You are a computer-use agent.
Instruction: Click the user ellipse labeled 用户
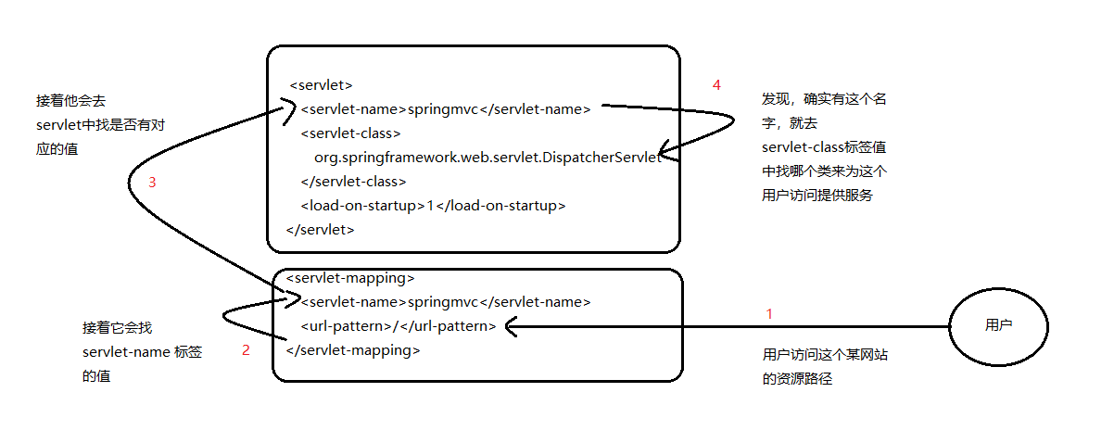(998, 326)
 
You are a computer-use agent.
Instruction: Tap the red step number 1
(768, 314)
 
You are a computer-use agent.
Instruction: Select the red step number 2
(246, 350)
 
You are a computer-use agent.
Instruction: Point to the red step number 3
(152, 183)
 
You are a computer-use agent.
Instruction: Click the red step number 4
(716, 85)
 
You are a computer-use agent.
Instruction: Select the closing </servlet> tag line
(321, 229)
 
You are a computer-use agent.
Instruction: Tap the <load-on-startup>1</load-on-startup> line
(432, 205)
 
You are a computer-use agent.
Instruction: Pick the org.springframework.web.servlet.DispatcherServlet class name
(487, 158)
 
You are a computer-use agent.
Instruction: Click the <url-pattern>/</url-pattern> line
(398, 326)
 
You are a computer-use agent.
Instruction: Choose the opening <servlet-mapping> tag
(350, 277)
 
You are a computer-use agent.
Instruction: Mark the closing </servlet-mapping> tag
(353, 350)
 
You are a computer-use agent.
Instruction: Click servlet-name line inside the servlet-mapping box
(445, 301)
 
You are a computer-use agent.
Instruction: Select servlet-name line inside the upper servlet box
(445, 109)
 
